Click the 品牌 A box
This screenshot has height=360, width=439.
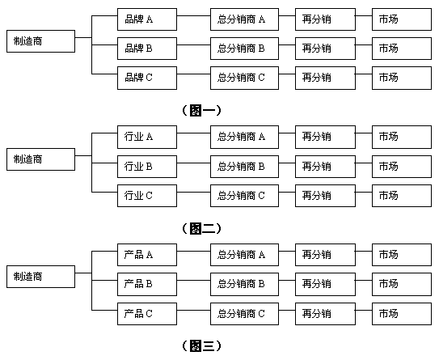[146, 19]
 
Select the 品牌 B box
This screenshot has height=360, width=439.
[146, 48]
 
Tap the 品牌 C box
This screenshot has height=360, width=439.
[146, 78]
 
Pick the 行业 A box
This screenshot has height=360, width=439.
[146, 137]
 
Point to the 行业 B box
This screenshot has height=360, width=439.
[146, 166]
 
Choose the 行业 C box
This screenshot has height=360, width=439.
[146, 195]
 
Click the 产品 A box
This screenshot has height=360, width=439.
[146, 255]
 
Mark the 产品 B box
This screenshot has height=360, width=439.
[146, 284]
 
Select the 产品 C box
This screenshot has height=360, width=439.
[146, 313]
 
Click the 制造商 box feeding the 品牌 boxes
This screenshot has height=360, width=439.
[40, 40]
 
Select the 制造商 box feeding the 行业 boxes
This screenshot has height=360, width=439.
[40, 159]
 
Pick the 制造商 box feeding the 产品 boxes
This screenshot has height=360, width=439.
[40, 277]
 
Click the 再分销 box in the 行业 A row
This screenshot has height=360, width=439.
[325, 137]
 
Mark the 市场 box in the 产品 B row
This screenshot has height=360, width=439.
[402, 284]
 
